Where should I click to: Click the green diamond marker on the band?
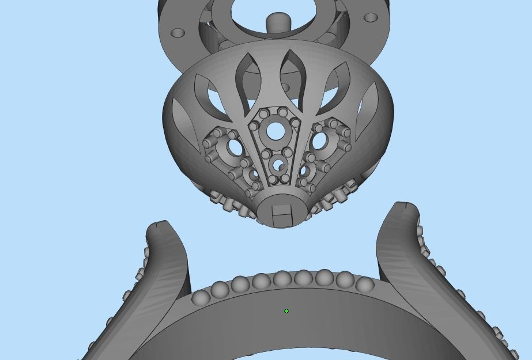286,311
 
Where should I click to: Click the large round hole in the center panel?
276,131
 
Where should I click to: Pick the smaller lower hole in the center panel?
279,166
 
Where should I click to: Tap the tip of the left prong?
159,226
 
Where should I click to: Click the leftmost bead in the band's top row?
200,298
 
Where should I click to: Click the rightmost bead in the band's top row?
364,285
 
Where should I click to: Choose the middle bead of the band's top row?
282,280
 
